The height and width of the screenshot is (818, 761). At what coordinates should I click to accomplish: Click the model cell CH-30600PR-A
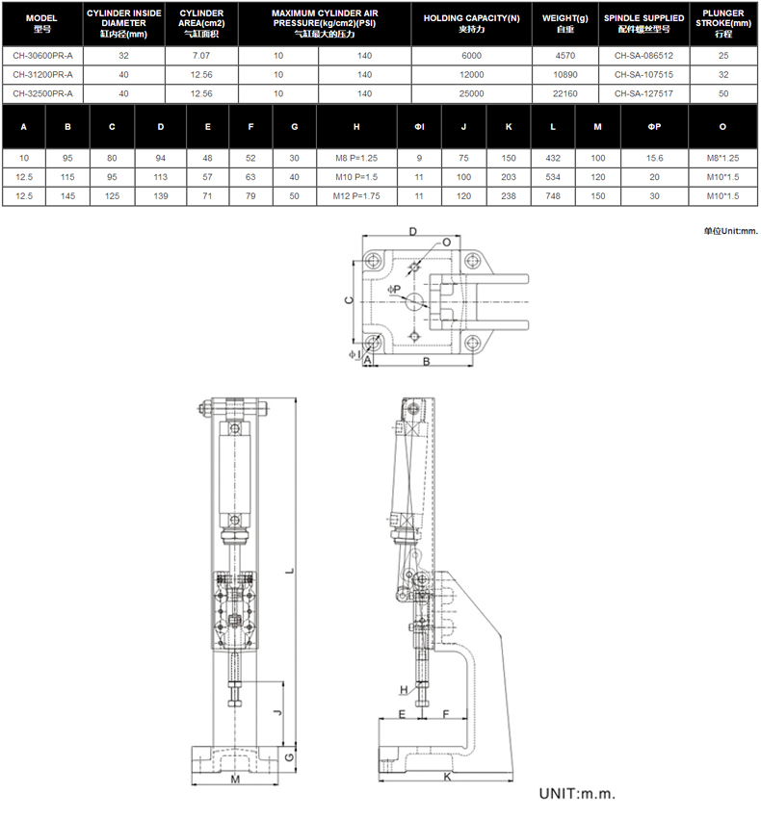click(42, 56)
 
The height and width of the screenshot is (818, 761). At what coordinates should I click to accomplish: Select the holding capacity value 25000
click(471, 94)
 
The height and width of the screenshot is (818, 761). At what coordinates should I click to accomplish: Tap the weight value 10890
click(564, 75)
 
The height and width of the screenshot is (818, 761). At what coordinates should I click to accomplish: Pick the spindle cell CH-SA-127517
click(643, 94)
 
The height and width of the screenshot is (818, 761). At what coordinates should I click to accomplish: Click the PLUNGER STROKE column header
click(722, 23)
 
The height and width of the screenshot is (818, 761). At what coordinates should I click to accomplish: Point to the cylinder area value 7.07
click(201, 56)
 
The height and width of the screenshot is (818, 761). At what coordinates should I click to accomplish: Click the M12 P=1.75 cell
click(356, 196)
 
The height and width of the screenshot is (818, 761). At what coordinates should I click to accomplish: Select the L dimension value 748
click(553, 196)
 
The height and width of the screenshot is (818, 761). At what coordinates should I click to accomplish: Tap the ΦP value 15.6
click(654, 158)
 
